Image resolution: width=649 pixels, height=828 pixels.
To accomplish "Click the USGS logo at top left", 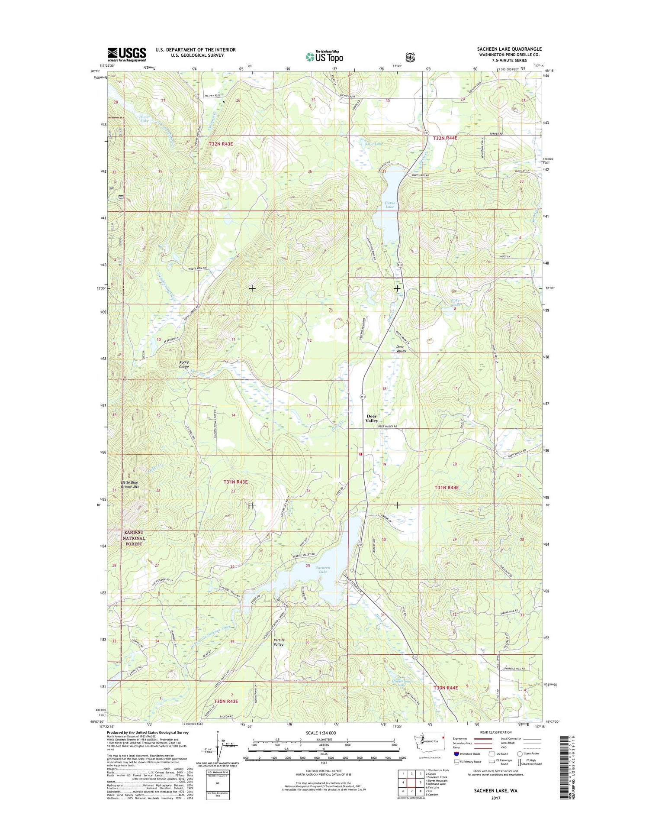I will tap(127, 55).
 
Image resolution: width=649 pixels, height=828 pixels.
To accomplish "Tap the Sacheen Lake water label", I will tap(323, 569).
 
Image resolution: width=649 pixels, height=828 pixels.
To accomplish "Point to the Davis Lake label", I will tap(389, 205).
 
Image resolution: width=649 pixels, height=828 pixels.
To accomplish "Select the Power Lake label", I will tap(144, 119).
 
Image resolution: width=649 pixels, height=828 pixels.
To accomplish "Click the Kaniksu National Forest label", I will tap(133, 538).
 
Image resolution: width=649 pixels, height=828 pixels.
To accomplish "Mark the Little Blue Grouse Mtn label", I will tap(130, 485).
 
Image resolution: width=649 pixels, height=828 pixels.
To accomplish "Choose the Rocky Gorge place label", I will tap(184, 364).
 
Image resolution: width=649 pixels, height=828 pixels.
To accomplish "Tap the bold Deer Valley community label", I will tap(371, 418).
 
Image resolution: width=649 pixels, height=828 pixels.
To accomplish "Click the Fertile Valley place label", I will tap(279, 642).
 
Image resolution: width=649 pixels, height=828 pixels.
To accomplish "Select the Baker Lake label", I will tap(456, 302).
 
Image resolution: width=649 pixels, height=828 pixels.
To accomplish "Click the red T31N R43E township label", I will tap(235, 482).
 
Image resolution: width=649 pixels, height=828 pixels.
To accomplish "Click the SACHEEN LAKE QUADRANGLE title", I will tap(509, 49).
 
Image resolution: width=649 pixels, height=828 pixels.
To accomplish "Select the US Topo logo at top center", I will tap(324, 57).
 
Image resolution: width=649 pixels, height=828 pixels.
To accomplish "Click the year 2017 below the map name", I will tap(495, 798).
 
